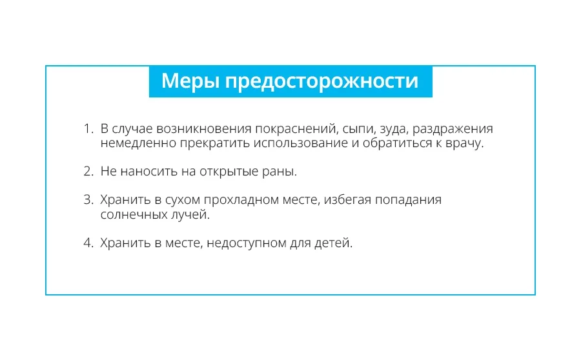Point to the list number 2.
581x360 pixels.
click(x=88, y=171)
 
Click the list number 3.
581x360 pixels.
click(x=88, y=199)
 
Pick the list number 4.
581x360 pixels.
click(x=88, y=243)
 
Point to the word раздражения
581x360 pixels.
click(x=453, y=130)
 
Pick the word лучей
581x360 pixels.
click(x=190, y=215)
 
